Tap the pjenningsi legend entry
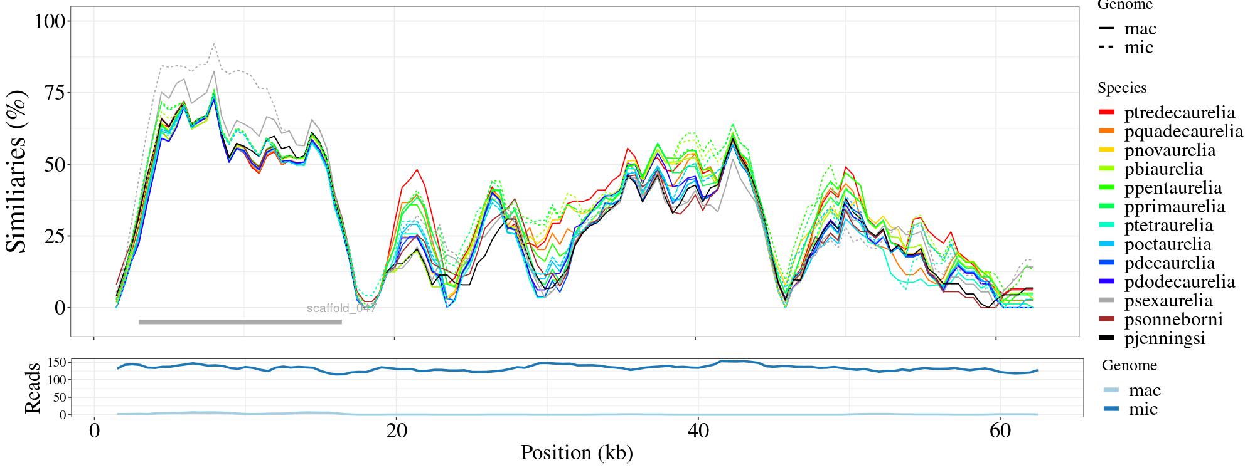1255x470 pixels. (x=1165, y=338)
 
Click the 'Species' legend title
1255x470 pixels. (x=1122, y=88)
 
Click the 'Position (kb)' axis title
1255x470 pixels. (x=577, y=453)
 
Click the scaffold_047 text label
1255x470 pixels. (x=341, y=308)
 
